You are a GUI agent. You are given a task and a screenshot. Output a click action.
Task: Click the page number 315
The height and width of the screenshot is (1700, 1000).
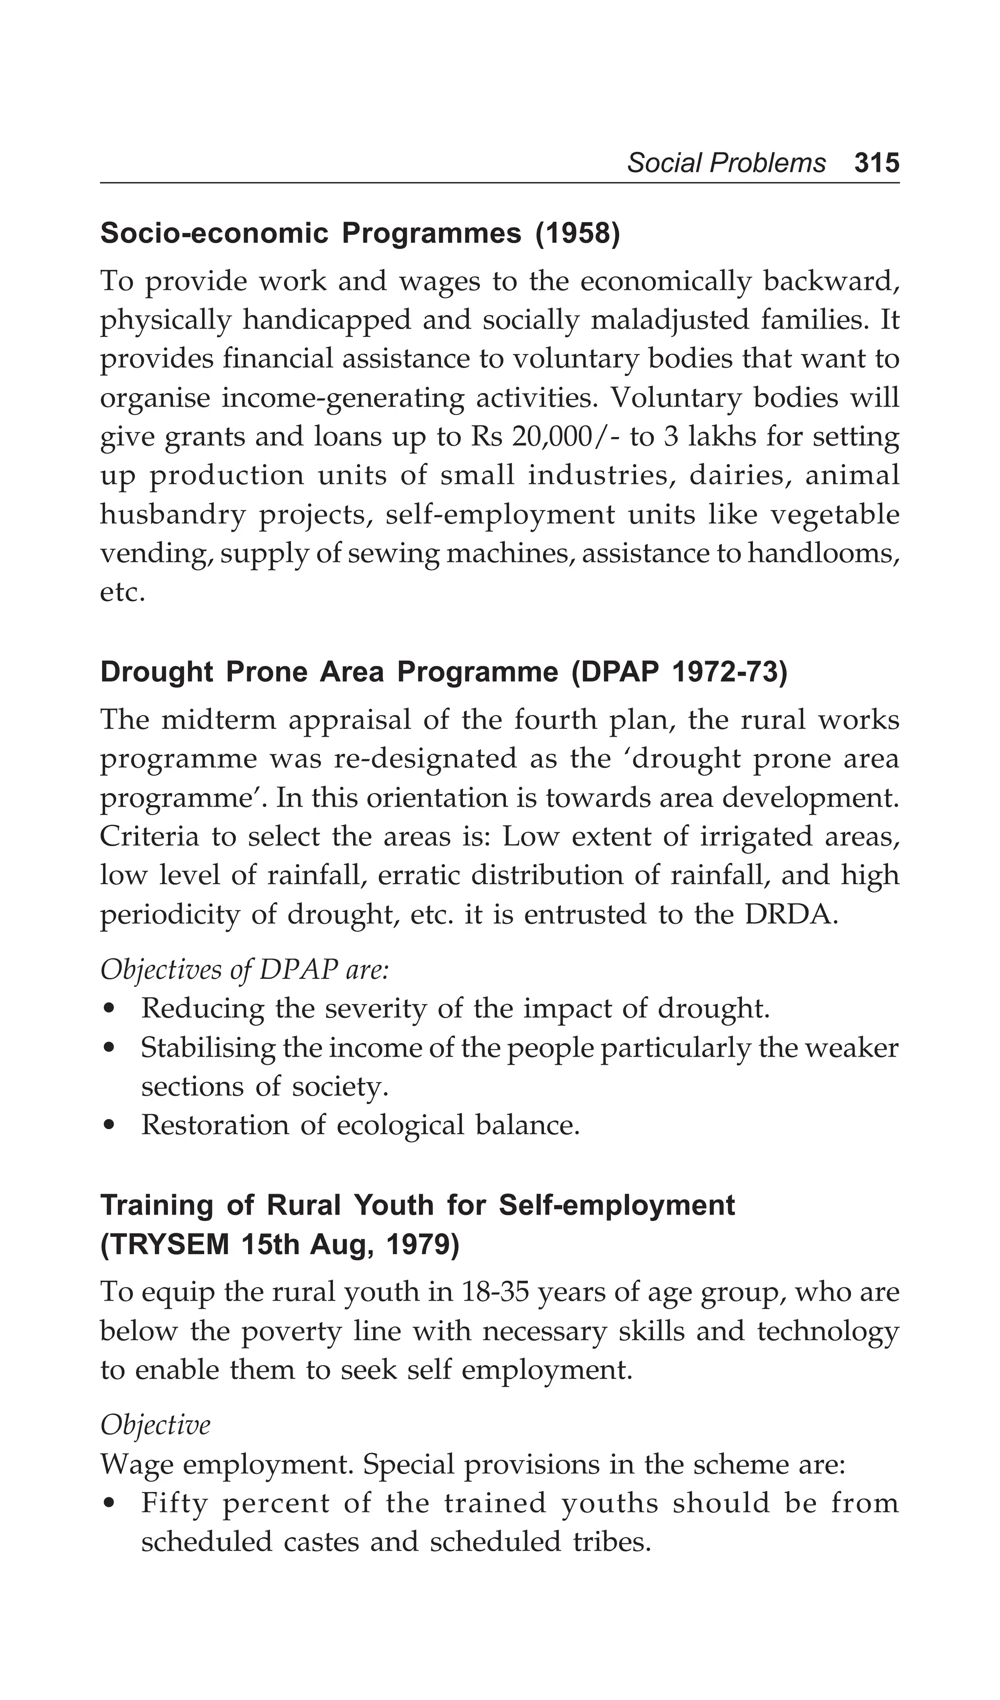coord(876,163)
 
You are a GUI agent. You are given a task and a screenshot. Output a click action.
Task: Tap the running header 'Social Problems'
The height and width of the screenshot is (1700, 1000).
coord(726,163)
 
